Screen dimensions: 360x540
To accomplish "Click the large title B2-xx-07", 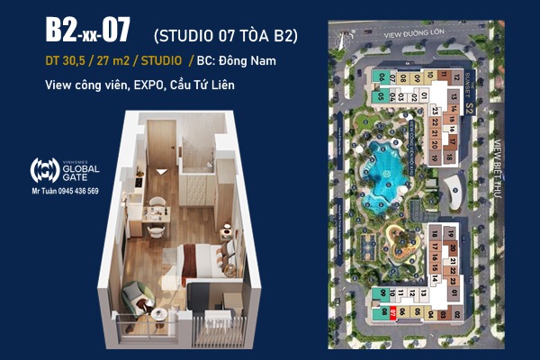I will click(x=87, y=31).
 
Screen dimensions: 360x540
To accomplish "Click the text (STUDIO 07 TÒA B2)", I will click(x=226, y=35).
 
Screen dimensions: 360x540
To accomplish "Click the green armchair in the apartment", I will click(x=142, y=298).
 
